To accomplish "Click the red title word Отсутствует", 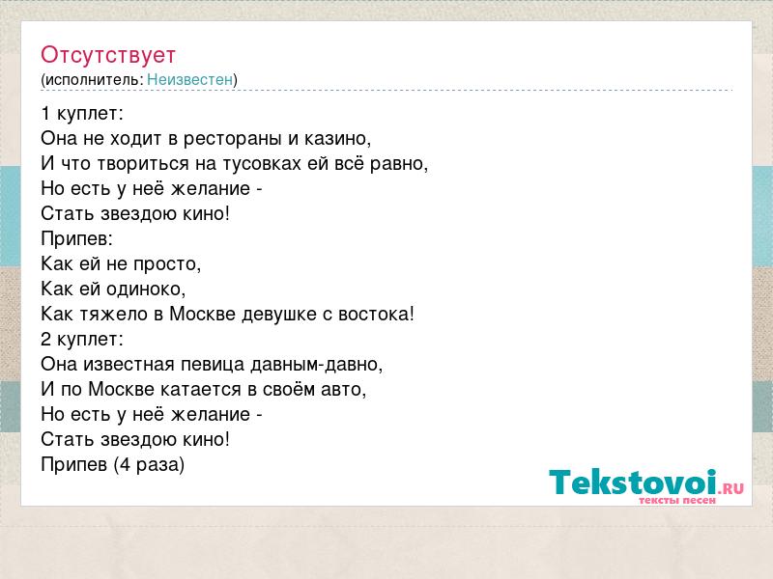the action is (x=108, y=55).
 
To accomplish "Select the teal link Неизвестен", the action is (x=189, y=79).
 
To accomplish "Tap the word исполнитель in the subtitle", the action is (x=94, y=80).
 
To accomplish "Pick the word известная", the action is (x=129, y=365).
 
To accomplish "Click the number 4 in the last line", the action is (x=125, y=465).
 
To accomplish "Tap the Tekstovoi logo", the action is (x=646, y=486).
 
